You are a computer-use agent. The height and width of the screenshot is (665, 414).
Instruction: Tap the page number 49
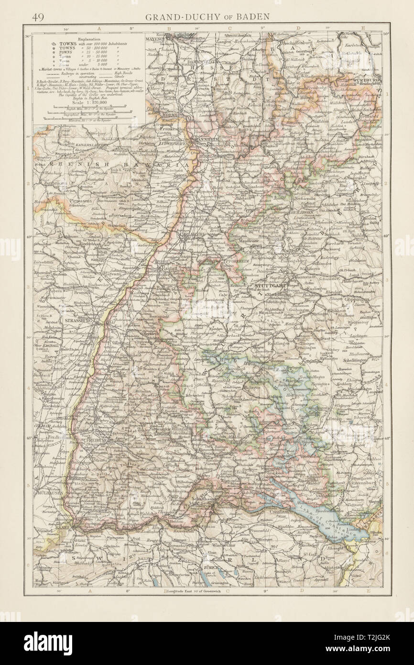coord(38,17)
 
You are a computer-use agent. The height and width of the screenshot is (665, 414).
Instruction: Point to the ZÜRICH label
coord(212,567)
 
